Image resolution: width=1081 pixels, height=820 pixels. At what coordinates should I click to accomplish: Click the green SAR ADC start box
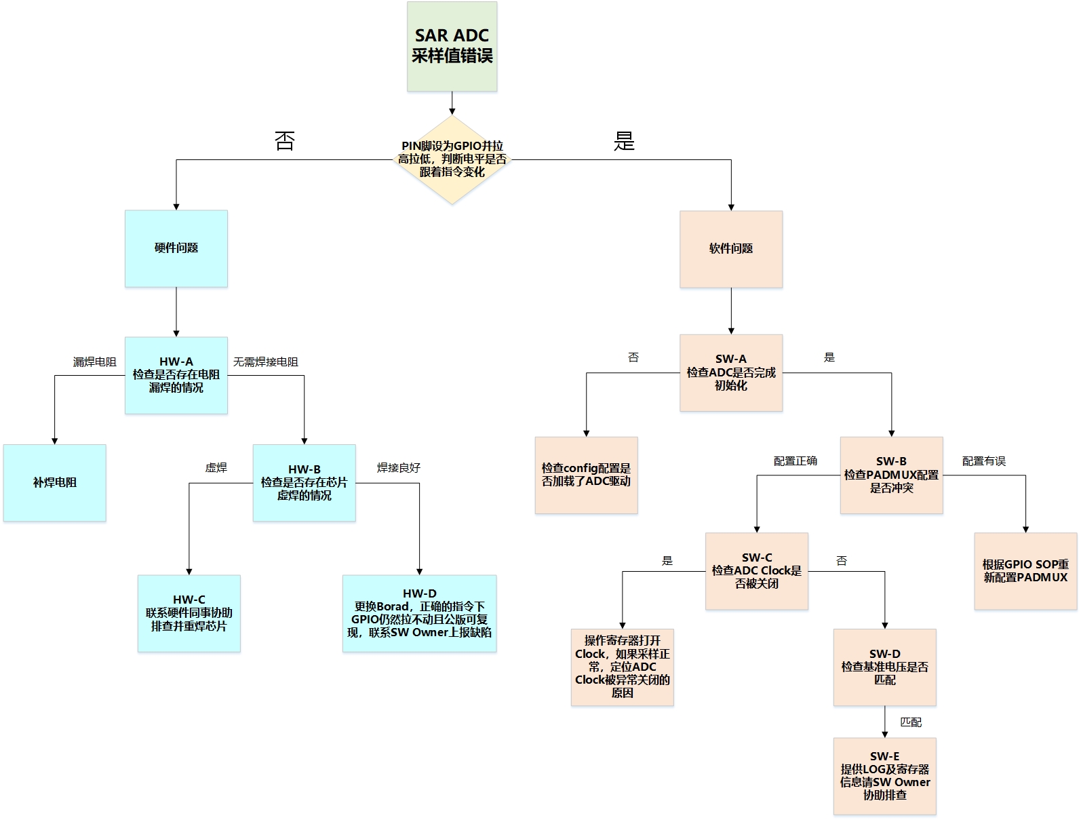tap(452, 46)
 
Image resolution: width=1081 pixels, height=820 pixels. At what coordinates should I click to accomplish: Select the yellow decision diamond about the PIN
tap(452, 159)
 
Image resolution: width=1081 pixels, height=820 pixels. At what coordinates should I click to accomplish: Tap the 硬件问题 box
tap(176, 248)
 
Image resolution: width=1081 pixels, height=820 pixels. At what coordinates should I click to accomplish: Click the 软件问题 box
tap(731, 249)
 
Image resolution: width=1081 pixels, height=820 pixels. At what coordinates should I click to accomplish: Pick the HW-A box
tap(176, 375)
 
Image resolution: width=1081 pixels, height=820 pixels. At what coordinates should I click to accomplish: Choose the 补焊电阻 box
tap(55, 483)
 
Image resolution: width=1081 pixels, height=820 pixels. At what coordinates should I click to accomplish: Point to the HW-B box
tap(304, 483)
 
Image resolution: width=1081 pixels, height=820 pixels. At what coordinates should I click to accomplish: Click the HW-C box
tap(189, 613)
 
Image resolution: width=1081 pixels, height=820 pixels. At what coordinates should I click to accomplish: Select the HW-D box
tap(420, 613)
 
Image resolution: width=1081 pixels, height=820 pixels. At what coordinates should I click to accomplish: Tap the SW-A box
tap(731, 373)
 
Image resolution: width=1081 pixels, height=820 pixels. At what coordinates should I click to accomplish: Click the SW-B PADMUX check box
tap(891, 475)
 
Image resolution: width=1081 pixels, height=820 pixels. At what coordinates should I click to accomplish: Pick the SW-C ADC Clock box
tap(756, 571)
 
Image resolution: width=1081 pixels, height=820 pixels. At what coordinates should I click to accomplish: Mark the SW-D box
tap(884, 667)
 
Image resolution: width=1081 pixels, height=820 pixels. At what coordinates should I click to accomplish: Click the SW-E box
tap(884, 776)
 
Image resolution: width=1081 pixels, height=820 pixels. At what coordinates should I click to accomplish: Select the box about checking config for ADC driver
tap(586, 475)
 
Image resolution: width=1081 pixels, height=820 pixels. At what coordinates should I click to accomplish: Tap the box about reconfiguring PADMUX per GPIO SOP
tap(1025, 571)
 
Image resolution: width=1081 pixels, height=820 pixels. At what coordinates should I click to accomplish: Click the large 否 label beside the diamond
tap(285, 141)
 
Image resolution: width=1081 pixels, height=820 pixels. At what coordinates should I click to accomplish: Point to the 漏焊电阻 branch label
tap(94, 362)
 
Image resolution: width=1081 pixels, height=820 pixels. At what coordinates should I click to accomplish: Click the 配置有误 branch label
tap(983, 461)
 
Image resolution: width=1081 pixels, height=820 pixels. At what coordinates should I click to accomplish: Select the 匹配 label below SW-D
tap(911, 722)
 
